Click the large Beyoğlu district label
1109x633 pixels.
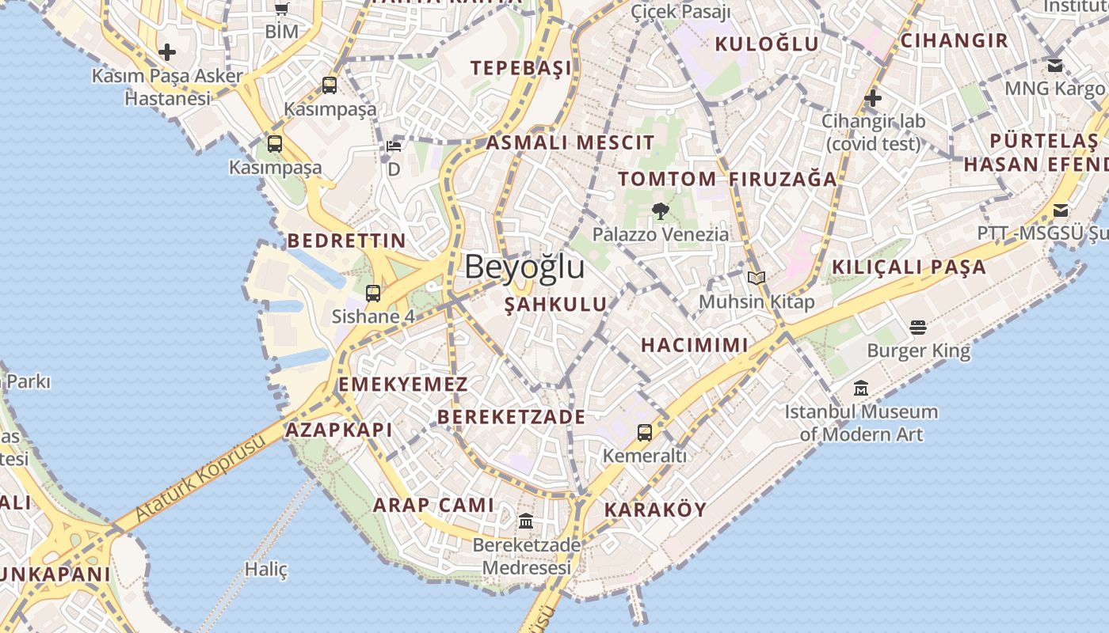pyautogui.click(x=524, y=267)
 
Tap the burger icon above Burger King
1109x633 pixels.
pyautogui.click(x=918, y=327)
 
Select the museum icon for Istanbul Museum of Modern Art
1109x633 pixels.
pyautogui.click(x=861, y=389)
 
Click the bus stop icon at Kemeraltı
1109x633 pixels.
pyautogui.click(x=645, y=432)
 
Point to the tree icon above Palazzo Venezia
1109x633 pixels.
pyautogui.click(x=660, y=210)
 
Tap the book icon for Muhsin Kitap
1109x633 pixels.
pyautogui.click(x=756, y=279)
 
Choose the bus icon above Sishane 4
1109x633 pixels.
pyautogui.click(x=373, y=293)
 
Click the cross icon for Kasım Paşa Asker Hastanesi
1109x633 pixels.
pyautogui.click(x=167, y=53)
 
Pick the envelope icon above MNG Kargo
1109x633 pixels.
pyautogui.click(x=1055, y=65)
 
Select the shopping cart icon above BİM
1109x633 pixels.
pyautogui.click(x=282, y=9)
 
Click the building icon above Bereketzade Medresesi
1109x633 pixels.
pyautogui.click(x=526, y=521)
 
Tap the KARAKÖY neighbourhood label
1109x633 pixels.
pyautogui.click(x=655, y=510)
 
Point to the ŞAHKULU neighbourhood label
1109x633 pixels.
pyautogui.click(x=556, y=304)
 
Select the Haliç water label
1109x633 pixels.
pyautogui.click(x=266, y=569)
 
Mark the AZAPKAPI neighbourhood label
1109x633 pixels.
pyautogui.click(x=338, y=430)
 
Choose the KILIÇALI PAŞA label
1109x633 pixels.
pyautogui.click(x=909, y=267)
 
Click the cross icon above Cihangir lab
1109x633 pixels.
pyautogui.click(x=873, y=98)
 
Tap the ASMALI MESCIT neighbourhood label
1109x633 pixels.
pyautogui.click(x=570, y=143)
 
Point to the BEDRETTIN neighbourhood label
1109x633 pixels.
pyautogui.click(x=346, y=241)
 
